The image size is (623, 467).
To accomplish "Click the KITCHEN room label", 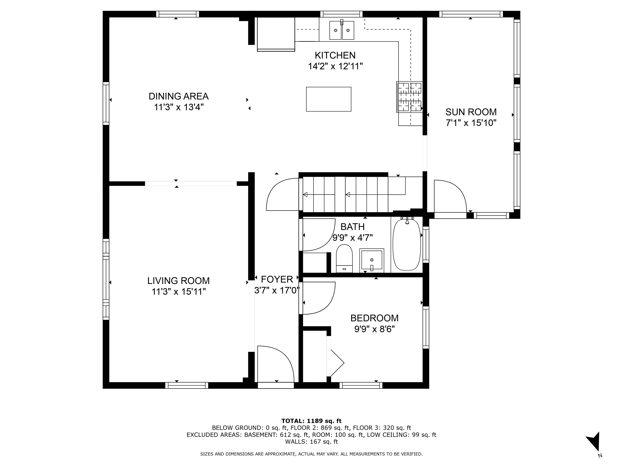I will [x=335, y=55].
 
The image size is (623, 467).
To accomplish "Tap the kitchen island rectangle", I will [x=328, y=99].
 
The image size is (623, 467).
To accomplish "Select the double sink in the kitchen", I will [x=342, y=30].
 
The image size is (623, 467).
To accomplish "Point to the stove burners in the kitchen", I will [x=409, y=97].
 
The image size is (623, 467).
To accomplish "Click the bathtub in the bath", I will [x=406, y=245].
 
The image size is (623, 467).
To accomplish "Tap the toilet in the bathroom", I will [x=344, y=258].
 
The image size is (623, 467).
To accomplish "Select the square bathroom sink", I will [x=372, y=260].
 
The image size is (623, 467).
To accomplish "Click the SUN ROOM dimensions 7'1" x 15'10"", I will [x=471, y=123].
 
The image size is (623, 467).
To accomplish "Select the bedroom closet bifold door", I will [x=336, y=363].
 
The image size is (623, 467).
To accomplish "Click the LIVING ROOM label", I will [x=178, y=281].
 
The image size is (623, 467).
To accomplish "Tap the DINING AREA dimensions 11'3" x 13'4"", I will [x=178, y=107].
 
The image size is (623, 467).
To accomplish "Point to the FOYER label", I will [x=277, y=279].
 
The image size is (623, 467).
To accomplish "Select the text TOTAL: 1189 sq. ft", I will [x=311, y=421].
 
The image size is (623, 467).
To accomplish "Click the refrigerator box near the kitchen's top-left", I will [x=276, y=34].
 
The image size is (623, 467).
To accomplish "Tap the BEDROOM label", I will [x=374, y=318].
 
